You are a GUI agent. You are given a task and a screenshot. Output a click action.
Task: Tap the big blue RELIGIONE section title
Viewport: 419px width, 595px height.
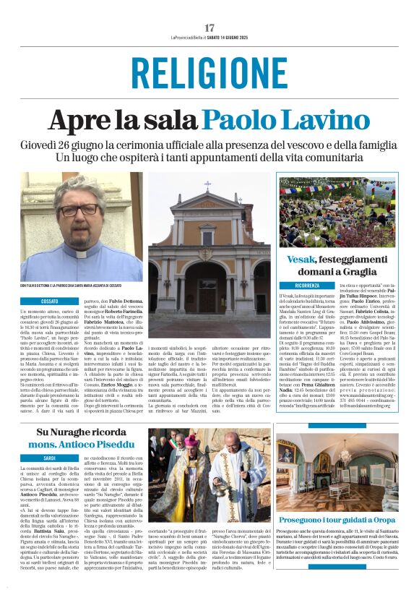[x=209, y=73]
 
